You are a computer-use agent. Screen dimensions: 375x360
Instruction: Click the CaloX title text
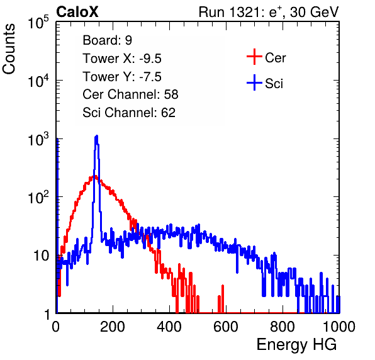[x=77, y=12]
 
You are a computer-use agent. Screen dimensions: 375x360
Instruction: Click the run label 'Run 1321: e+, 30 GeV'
[x=269, y=12]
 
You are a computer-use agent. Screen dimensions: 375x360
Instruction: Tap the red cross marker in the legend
[x=254, y=57]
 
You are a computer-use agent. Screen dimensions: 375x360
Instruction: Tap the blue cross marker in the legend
[x=254, y=82]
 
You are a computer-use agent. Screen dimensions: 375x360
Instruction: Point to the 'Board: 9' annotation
[x=108, y=40]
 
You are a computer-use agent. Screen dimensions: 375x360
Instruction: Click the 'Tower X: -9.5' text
[x=122, y=59]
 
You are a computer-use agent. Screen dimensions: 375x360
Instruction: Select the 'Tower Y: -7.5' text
[x=122, y=77]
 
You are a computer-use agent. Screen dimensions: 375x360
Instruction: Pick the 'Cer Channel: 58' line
[x=130, y=94]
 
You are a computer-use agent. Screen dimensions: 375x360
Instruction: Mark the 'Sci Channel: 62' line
[x=129, y=113]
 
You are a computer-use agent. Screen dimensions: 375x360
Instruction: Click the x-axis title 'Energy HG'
[x=297, y=344]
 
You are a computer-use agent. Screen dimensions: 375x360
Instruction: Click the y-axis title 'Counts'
[x=9, y=49]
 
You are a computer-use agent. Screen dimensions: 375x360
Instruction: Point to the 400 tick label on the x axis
[x=169, y=326]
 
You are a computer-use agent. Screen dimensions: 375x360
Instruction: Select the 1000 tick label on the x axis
[x=339, y=326]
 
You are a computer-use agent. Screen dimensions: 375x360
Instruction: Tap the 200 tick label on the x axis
[x=113, y=326]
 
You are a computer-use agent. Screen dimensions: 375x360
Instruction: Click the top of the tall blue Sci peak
[x=96, y=136]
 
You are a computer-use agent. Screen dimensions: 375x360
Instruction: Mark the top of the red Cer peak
[x=95, y=176]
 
